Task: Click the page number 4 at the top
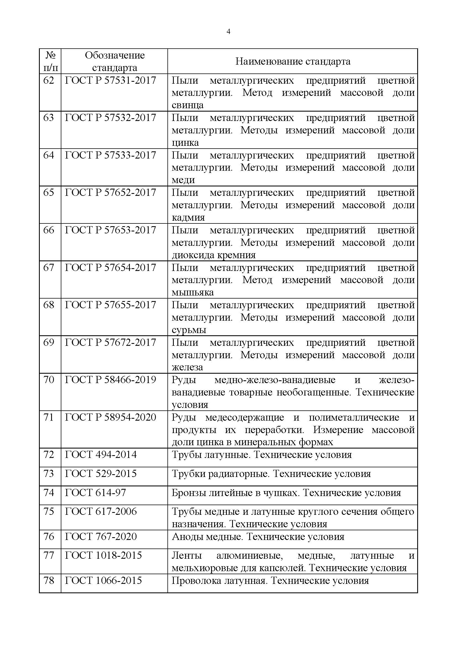[228, 31]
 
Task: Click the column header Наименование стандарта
[293, 61]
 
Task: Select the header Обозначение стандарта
[115, 61]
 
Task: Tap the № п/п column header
[50, 61]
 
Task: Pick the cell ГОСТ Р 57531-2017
[110, 80]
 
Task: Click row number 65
[48, 193]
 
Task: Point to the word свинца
[187, 105]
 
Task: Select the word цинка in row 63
[185, 143]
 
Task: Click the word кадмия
[188, 217]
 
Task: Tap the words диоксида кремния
[213, 255]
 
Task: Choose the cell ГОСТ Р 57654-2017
[110, 268]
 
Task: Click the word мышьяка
[193, 292]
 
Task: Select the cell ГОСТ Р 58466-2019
[110, 380]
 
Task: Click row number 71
[48, 418]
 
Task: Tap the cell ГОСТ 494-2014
[101, 455]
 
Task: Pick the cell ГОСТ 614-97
[95, 493]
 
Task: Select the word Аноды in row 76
[187, 537]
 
